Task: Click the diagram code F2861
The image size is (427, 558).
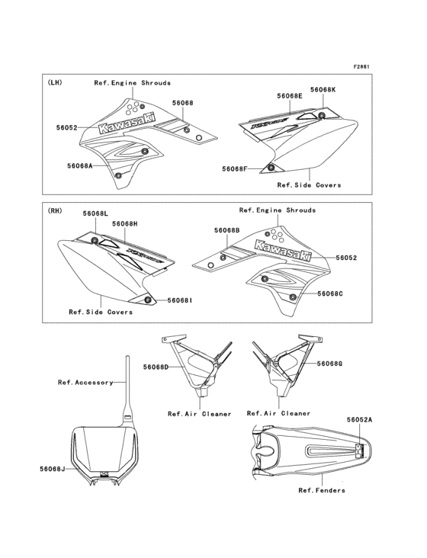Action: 361,66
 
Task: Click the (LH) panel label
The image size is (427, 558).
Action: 54,82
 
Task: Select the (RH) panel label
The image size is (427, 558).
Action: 54,210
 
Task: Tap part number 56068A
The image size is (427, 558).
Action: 80,165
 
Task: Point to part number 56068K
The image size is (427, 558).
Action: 323,90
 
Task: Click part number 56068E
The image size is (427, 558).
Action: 290,96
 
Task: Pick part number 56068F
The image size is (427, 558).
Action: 235,168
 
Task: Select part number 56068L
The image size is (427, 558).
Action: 96,213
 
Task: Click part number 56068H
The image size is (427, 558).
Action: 124,223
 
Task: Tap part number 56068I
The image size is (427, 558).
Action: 180,300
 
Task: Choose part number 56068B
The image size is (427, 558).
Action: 227,230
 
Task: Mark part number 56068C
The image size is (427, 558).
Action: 330,293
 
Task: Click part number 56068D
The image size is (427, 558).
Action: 156,367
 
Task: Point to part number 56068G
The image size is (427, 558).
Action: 330,364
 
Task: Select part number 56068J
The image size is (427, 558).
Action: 53,469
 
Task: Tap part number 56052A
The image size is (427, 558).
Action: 360,420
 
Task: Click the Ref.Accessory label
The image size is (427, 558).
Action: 85,382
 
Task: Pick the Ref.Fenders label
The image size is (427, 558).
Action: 322,490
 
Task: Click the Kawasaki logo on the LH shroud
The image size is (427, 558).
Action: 127,123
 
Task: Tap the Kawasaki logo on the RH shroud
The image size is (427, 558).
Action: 283,250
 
